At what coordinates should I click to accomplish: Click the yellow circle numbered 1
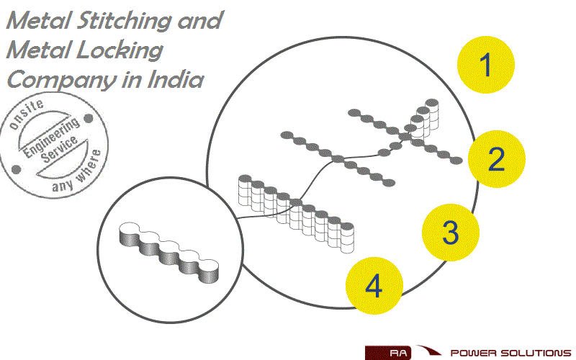point(486,66)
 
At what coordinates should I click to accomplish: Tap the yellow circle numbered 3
point(450,232)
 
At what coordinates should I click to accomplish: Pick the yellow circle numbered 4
point(373,287)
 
